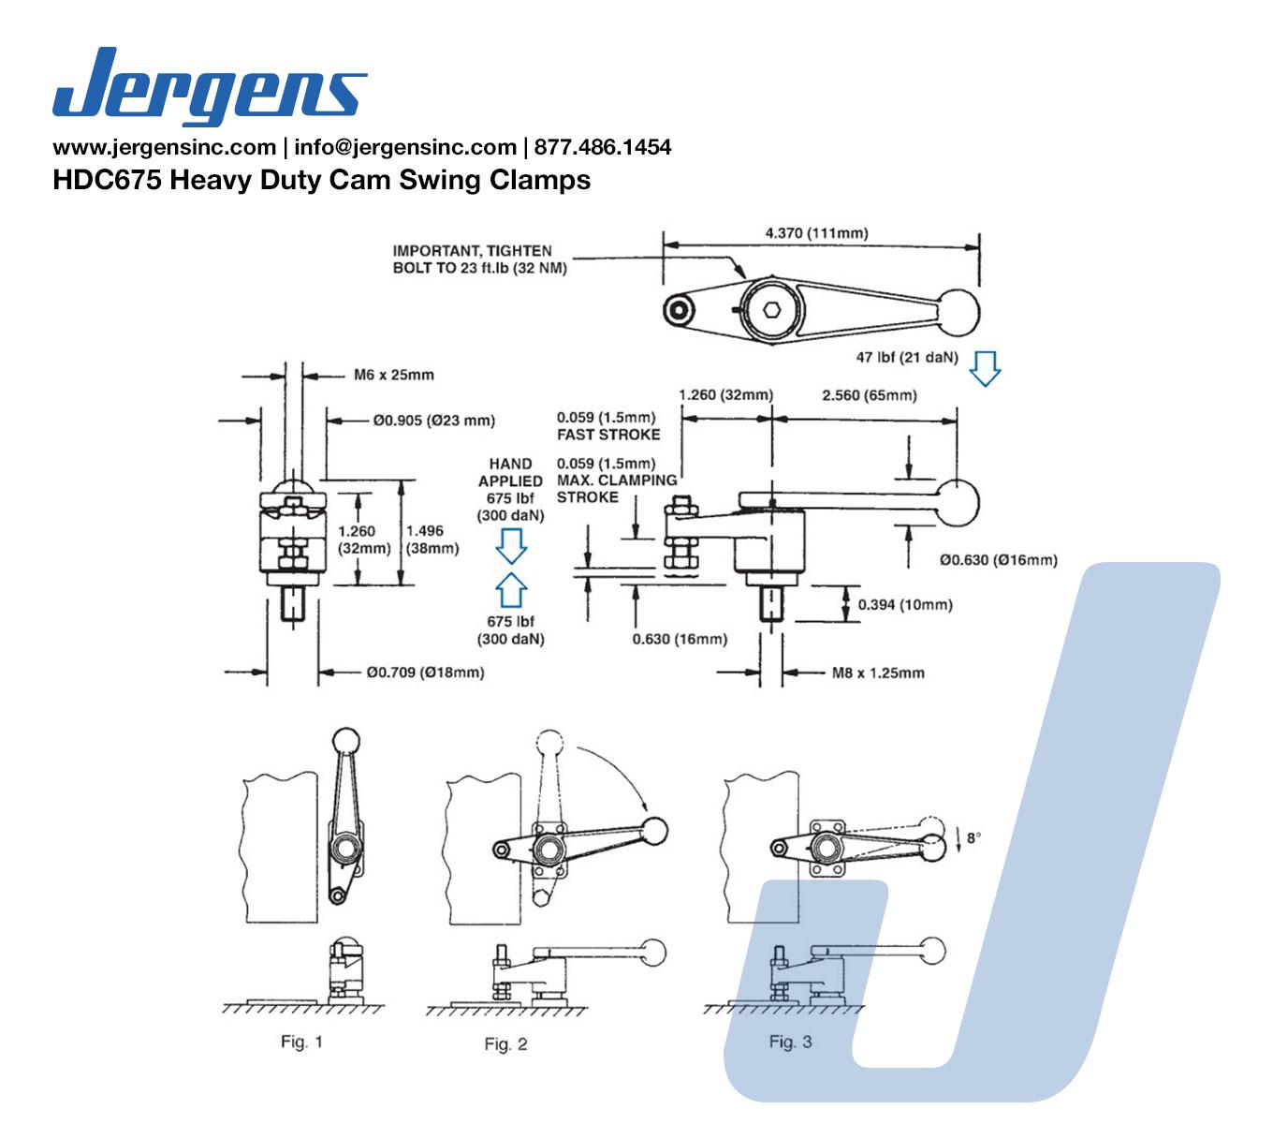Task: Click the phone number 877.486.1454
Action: pyautogui.click(x=602, y=147)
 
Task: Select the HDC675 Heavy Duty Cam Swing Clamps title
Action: pyautogui.click(x=322, y=180)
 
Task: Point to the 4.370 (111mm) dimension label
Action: pyautogui.click(x=816, y=233)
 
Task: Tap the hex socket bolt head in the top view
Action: pyautogui.click(x=771, y=309)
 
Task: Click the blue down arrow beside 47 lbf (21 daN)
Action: pyautogui.click(x=984, y=368)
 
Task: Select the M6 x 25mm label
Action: pyautogui.click(x=393, y=375)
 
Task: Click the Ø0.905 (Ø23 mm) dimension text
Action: pyautogui.click(x=433, y=421)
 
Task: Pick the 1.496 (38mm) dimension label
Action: pyautogui.click(x=432, y=540)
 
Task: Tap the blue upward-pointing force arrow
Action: pyautogui.click(x=511, y=590)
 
